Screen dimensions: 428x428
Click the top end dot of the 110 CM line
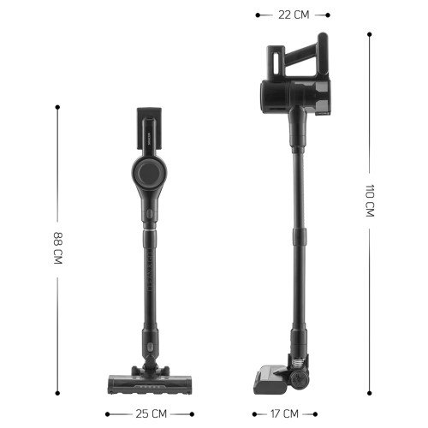[370, 34]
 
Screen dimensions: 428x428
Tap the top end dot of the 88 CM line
[57, 107]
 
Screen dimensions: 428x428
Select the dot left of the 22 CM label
[256, 14]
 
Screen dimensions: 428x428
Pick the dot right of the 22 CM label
[329, 14]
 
